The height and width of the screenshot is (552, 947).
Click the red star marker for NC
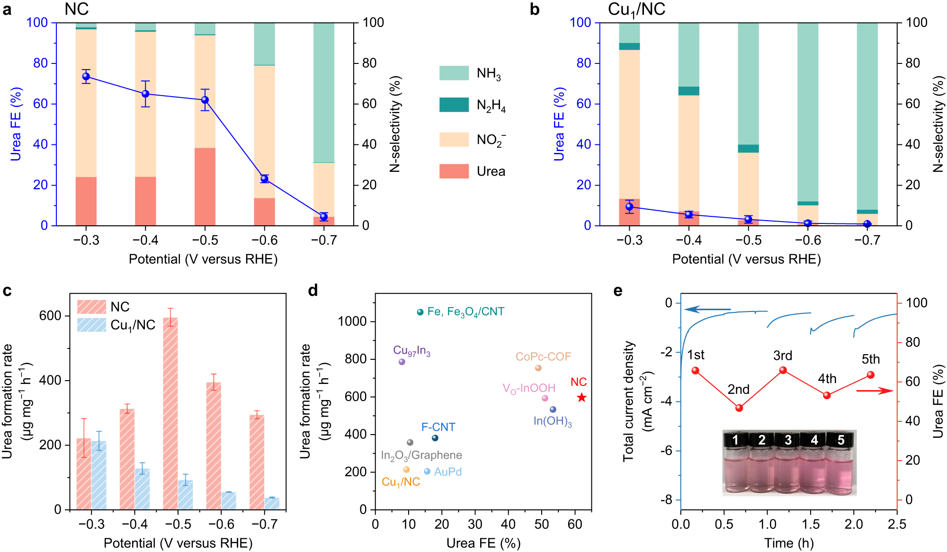click(x=581, y=398)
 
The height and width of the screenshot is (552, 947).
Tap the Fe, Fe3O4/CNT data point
click(x=420, y=312)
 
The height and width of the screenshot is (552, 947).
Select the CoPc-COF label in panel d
click(x=543, y=356)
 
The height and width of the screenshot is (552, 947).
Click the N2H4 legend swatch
click(x=454, y=105)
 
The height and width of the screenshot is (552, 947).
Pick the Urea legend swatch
click(x=454, y=171)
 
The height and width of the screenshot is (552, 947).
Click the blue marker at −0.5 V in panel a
click(x=205, y=100)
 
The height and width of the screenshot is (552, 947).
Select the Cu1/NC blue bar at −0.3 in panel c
click(x=99, y=475)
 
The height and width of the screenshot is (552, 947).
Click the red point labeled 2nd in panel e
click(x=739, y=408)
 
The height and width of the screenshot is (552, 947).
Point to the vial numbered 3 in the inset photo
click(x=788, y=466)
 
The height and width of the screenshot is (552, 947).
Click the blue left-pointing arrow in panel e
click(x=706, y=310)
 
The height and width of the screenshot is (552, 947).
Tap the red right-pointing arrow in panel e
click(x=875, y=391)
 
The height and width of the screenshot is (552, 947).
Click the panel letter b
click(x=535, y=9)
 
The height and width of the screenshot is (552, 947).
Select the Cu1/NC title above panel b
click(x=636, y=9)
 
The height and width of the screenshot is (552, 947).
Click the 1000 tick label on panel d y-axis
click(x=352, y=321)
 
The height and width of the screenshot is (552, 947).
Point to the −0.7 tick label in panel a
click(x=324, y=240)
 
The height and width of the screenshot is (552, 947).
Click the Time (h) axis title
click(x=789, y=543)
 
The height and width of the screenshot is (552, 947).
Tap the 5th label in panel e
click(x=870, y=359)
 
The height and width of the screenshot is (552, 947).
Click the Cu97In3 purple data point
click(x=402, y=362)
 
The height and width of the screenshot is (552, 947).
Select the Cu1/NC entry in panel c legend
click(x=133, y=325)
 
